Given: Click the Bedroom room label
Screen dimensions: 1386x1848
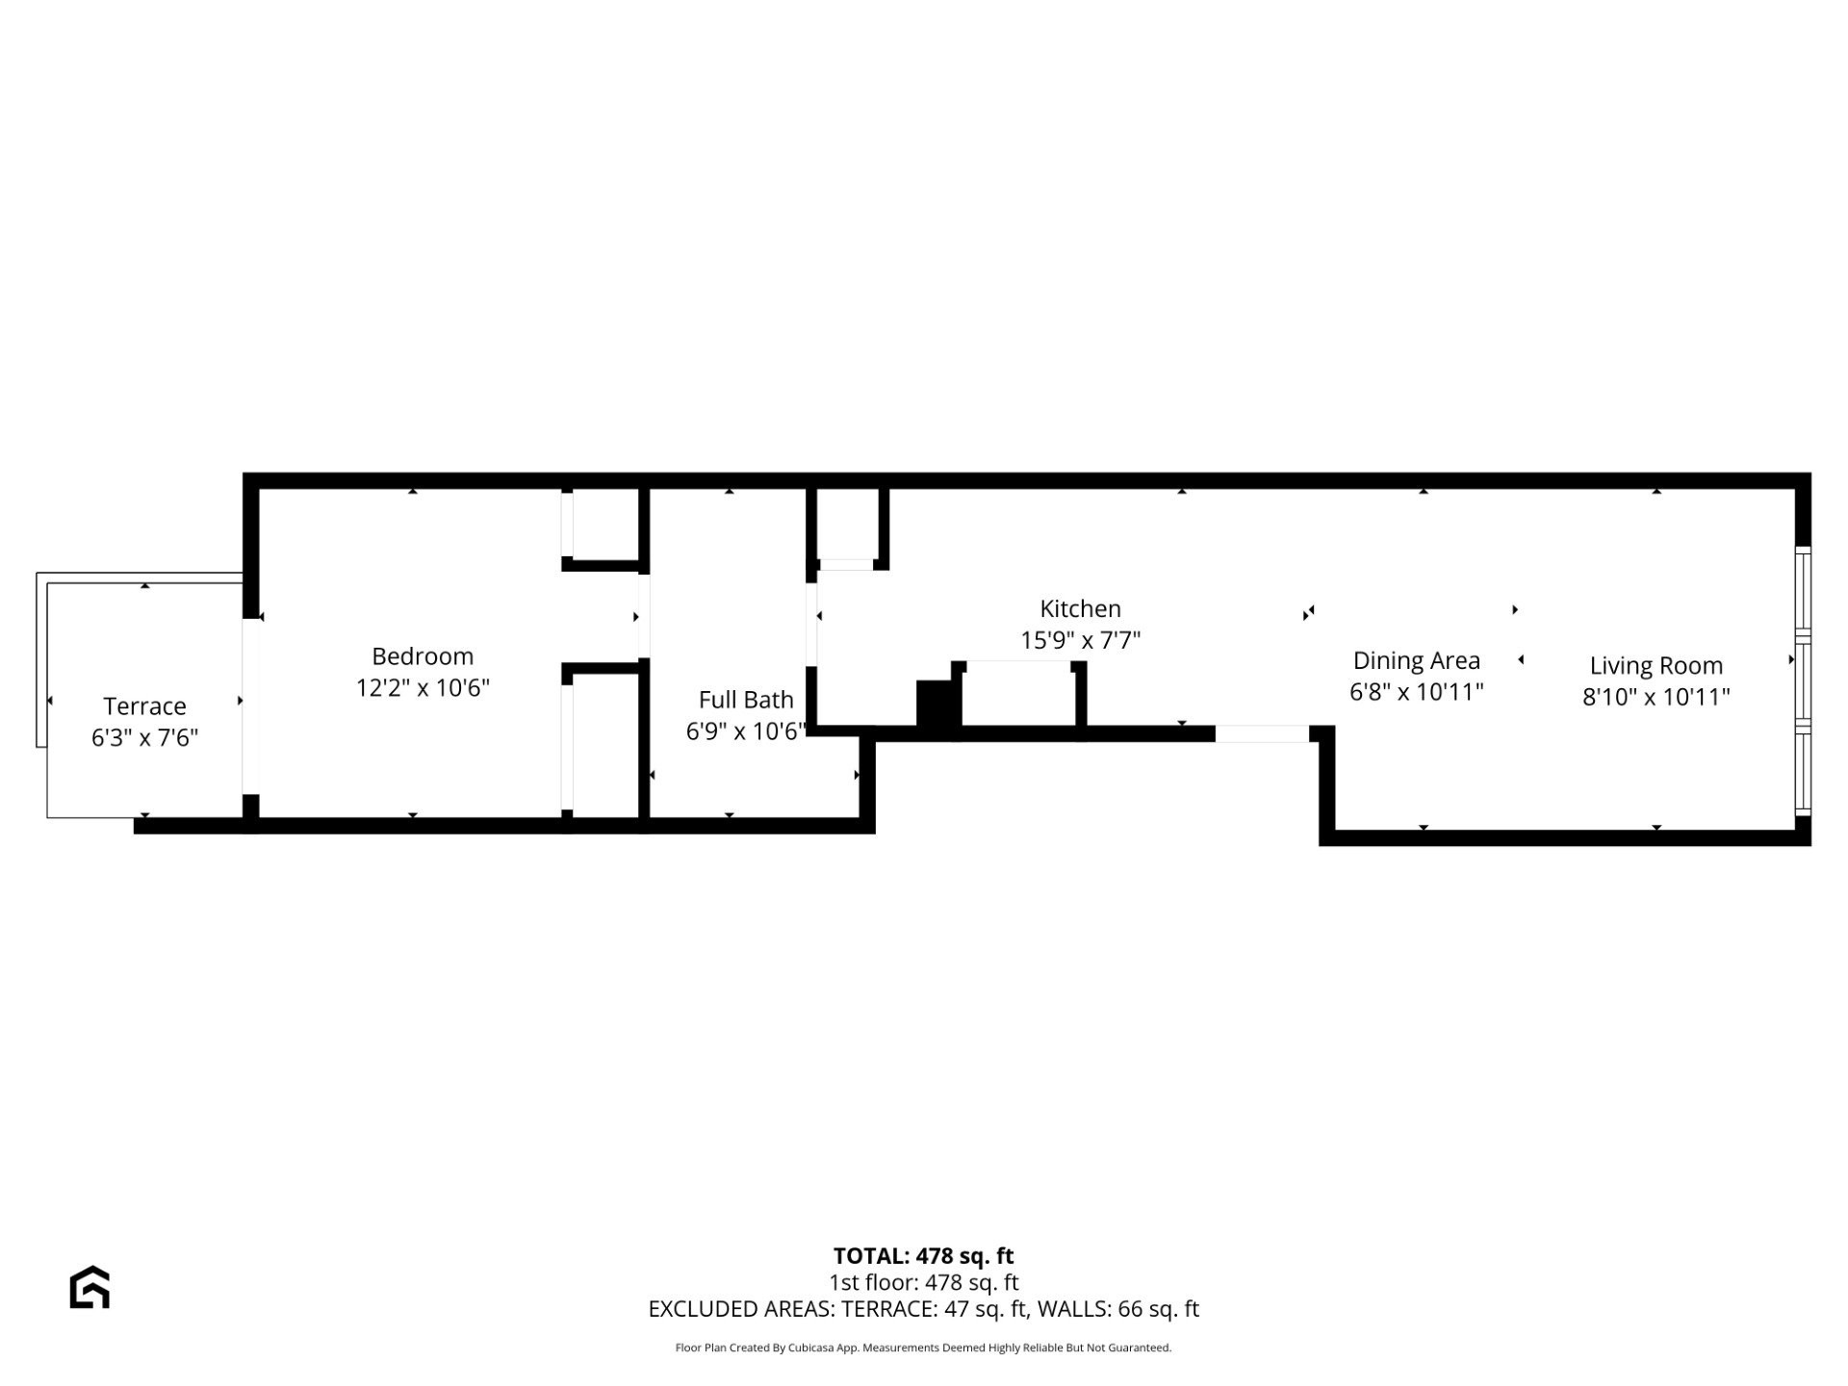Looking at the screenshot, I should click(423, 656).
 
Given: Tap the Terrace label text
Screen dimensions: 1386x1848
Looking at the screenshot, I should click(144, 706).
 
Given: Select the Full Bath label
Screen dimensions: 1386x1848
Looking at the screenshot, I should click(746, 700).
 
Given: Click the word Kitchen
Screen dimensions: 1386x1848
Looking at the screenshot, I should click(1080, 609).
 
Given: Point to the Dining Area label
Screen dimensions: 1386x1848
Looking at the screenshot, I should click(1416, 661).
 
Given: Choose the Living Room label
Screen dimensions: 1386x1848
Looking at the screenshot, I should click(1655, 666).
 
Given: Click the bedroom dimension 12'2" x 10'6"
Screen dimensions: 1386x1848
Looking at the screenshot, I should click(423, 688).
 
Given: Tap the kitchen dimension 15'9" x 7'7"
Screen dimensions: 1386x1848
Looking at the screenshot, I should click(1080, 641).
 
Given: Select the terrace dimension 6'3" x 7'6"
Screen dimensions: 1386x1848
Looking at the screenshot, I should click(144, 738).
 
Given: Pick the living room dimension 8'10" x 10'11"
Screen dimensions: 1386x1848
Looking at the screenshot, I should click(1655, 697).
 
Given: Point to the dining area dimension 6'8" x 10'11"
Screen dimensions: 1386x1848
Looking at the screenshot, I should click(1416, 692).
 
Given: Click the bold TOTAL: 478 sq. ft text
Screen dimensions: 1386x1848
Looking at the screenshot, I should click(923, 1256).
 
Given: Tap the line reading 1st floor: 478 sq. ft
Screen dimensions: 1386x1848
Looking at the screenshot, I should click(923, 1282).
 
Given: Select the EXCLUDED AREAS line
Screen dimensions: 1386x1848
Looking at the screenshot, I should click(923, 1309).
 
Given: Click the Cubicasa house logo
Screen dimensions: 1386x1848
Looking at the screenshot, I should click(90, 1288).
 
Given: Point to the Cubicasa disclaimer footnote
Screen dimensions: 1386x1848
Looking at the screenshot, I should click(923, 1347).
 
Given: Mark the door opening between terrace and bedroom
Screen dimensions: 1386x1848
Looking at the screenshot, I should click(250, 706).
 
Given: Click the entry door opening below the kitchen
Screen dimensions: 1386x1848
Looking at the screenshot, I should click(1262, 734).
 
